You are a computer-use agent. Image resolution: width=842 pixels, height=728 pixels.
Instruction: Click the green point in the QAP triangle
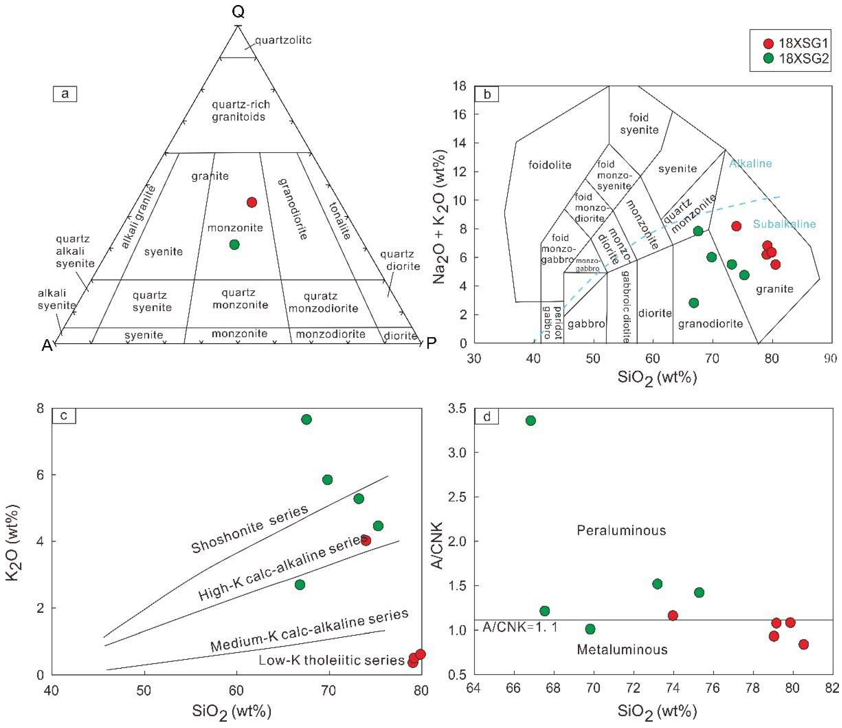pyautogui.click(x=234, y=244)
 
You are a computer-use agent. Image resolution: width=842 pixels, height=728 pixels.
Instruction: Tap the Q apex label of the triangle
pyautogui.click(x=238, y=12)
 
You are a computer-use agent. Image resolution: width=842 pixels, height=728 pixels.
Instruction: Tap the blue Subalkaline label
pyautogui.click(x=784, y=224)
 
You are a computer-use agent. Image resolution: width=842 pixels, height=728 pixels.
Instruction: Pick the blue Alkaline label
pyautogui.click(x=750, y=163)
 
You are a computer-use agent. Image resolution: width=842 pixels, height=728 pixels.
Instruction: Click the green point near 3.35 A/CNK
pyautogui.click(x=530, y=420)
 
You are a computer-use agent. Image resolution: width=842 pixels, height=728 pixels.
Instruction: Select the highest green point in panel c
pyautogui.click(x=306, y=419)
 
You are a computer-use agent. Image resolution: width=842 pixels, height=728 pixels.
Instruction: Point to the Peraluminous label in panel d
pyautogui.click(x=621, y=530)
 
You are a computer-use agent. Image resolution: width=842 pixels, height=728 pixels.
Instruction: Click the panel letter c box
pyautogui.click(x=64, y=415)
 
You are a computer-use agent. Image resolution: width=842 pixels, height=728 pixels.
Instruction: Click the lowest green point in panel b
pyautogui.click(x=694, y=303)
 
